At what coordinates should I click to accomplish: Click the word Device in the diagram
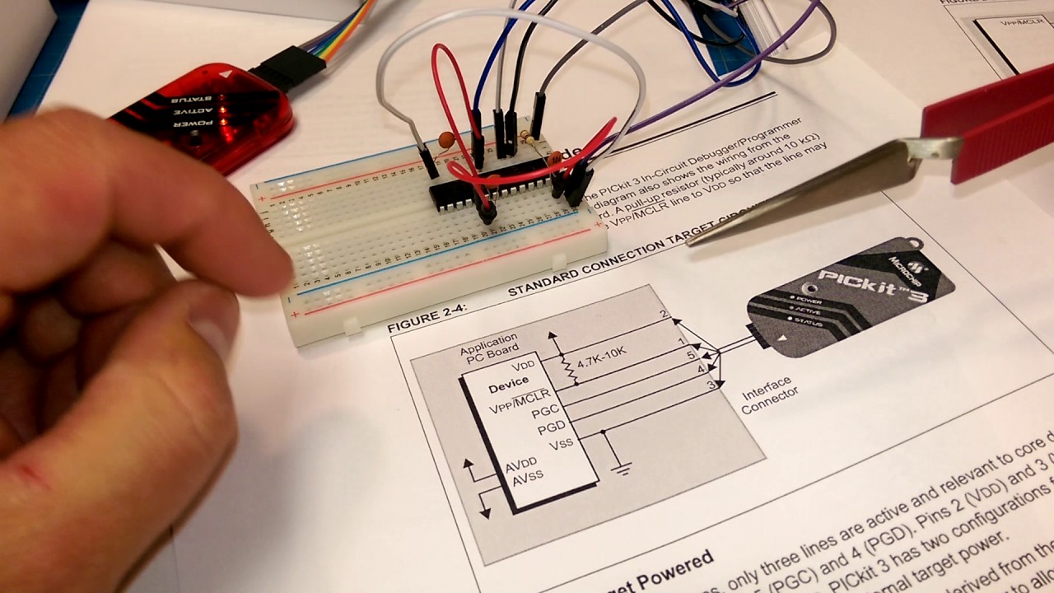click(x=508, y=385)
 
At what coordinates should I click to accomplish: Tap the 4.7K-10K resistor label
click(x=601, y=356)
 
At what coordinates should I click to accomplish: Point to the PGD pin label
click(x=551, y=429)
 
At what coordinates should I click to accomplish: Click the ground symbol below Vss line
click(x=623, y=469)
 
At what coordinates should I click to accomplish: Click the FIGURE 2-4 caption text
click(x=427, y=319)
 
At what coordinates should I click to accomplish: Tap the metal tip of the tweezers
click(x=708, y=234)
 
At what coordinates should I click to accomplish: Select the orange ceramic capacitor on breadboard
click(x=446, y=141)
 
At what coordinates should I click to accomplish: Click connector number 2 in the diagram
click(x=664, y=315)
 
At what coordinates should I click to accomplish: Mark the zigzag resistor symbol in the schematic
click(x=567, y=368)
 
